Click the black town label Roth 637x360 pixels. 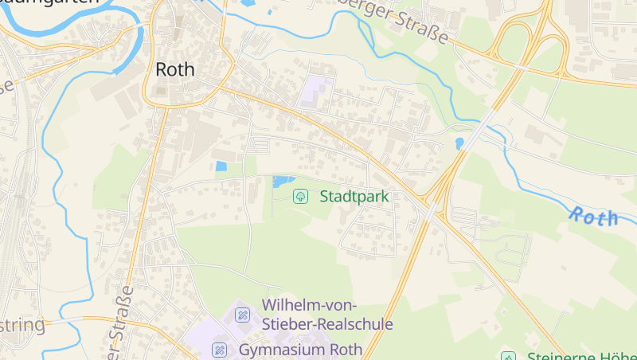tap(174, 69)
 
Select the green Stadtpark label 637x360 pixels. tap(354, 196)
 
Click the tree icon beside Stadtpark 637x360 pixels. tap(301, 196)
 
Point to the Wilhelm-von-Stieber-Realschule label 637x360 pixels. tap(326, 315)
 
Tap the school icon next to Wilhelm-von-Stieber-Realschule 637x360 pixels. tap(242, 315)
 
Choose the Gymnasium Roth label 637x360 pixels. tap(300, 350)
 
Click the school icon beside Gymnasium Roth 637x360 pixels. tap(219, 350)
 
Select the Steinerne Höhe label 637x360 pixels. tap(581, 355)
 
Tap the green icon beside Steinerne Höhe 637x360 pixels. tap(507, 355)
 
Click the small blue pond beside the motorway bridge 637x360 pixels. tap(459, 143)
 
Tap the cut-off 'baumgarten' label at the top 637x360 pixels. tap(48, 3)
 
